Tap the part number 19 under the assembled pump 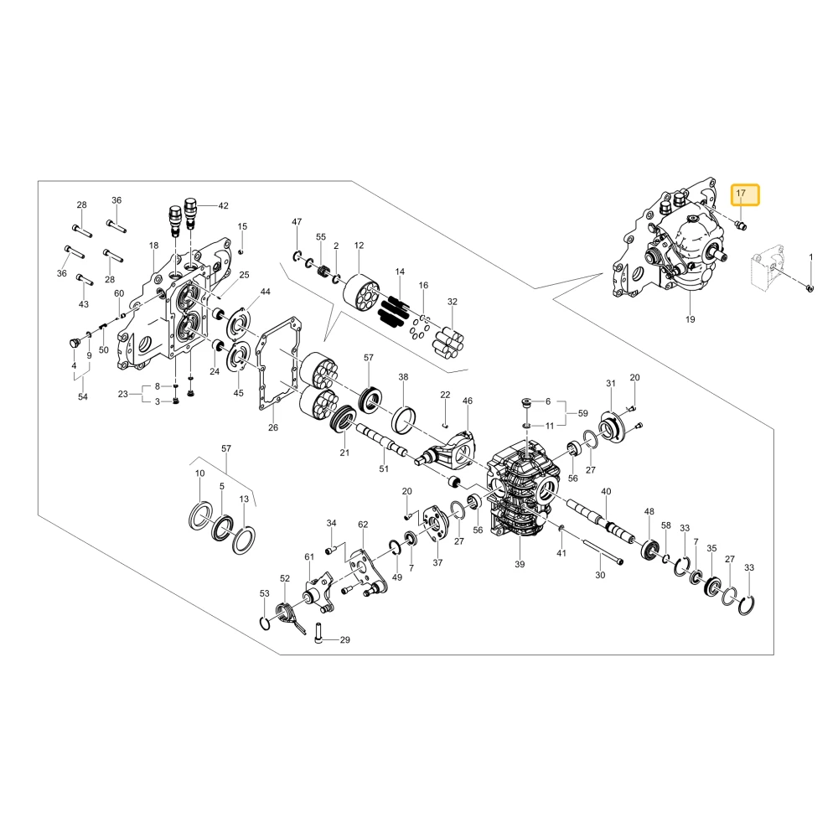point(691,319)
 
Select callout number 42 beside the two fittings point(224,206)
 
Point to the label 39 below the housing point(520,564)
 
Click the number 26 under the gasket point(273,427)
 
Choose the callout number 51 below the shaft point(384,468)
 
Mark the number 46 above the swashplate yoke point(468,401)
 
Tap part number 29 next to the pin point(345,639)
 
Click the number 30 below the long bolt point(600,575)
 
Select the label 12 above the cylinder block point(360,246)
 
